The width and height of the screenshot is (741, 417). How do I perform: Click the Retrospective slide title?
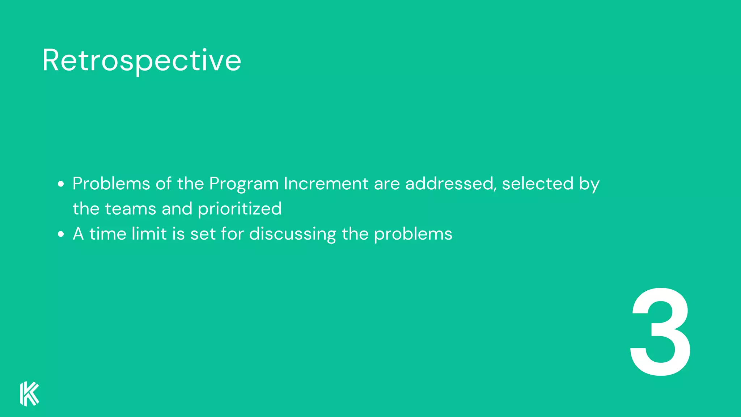[x=141, y=61]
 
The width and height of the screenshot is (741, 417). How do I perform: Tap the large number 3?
[x=661, y=332]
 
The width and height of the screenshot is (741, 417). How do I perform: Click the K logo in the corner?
[x=29, y=393]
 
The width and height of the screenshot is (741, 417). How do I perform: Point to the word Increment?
[x=326, y=184]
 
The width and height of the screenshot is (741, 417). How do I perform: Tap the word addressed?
[x=449, y=184]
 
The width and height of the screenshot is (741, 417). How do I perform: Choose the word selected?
[x=538, y=184]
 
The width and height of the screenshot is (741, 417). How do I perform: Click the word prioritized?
[x=240, y=209]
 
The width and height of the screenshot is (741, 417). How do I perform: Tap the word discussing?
[x=292, y=234]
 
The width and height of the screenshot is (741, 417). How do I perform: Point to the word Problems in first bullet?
[x=111, y=184]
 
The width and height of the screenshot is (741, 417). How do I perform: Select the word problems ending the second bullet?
[x=413, y=234]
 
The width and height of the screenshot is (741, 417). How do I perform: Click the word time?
[x=107, y=233]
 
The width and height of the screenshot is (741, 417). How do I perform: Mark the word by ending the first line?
[x=589, y=184]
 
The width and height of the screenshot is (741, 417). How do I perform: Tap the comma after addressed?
[x=495, y=189]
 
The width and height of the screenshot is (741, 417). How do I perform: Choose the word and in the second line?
[x=177, y=209]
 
